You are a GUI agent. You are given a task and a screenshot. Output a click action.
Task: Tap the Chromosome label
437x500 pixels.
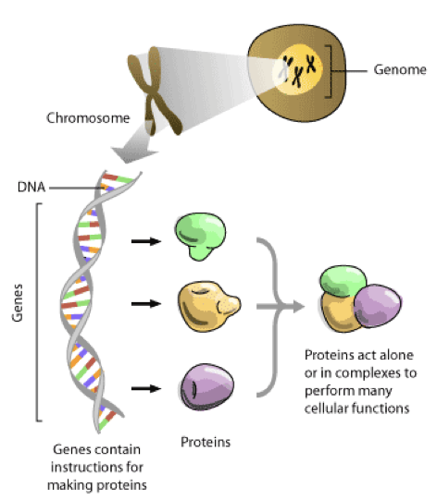81,118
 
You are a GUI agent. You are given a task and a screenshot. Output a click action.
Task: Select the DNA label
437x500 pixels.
30,187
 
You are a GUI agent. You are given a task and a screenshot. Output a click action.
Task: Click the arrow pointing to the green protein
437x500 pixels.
144,241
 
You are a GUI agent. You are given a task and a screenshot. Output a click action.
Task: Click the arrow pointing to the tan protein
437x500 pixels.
144,303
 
